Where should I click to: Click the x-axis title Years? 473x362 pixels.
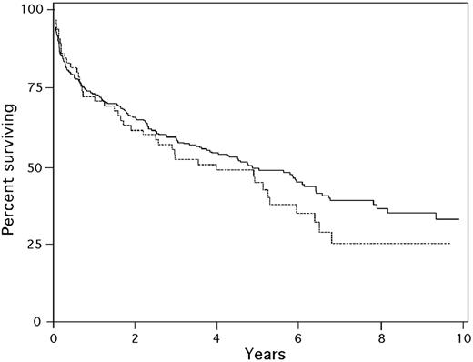click(x=257, y=353)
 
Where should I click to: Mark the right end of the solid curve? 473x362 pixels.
click(x=458, y=219)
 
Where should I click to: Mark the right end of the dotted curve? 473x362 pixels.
click(x=449, y=244)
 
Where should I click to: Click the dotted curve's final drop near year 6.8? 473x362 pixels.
click(x=332, y=238)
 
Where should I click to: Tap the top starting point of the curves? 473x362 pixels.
click(x=55, y=20)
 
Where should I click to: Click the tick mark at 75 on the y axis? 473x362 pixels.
click(x=52, y=89)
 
